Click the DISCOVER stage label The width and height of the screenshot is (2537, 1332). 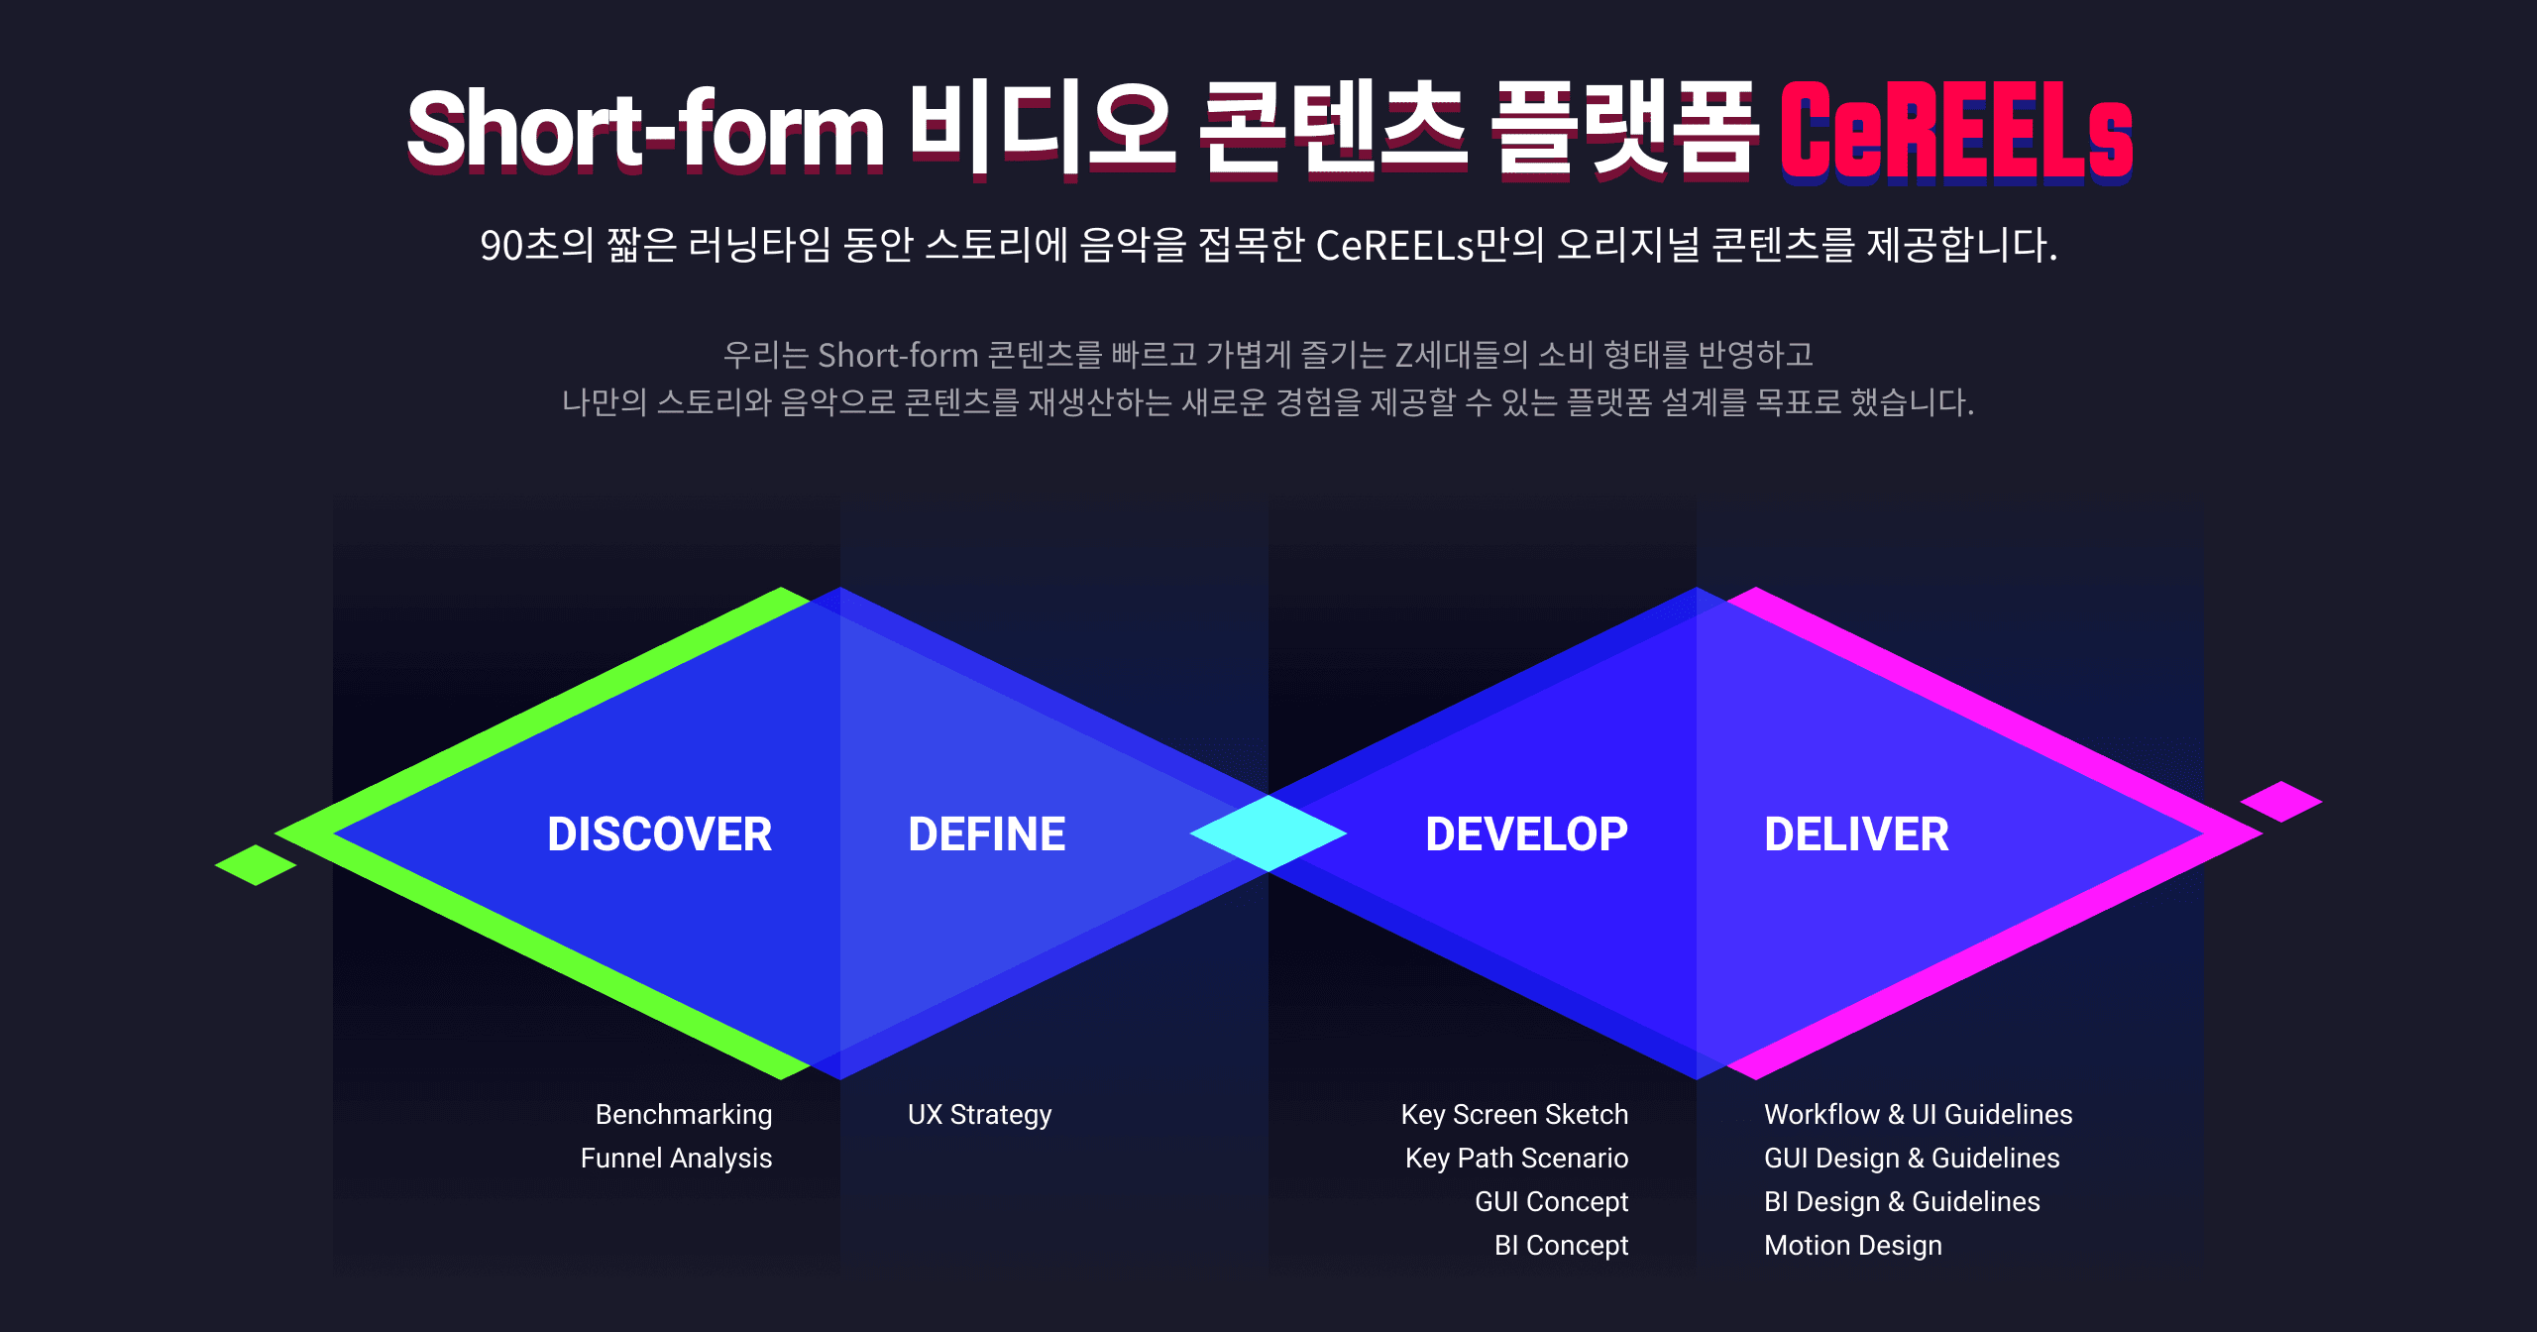[x=659, y=834]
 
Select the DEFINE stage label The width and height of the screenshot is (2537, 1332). [x=987, y=834]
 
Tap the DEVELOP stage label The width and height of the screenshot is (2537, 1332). [x=1526, y=834]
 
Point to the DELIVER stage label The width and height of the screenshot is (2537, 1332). [x=1856, y=834]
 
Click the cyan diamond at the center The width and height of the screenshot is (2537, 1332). [x=1268, y=833]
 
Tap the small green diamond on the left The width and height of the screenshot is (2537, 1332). [x=256, y=865]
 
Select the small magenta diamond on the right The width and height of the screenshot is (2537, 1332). [x=2281, y=802]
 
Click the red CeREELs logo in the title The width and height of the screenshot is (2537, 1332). [x=1955, y=132]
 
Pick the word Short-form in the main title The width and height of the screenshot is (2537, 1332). [x=645, y=130]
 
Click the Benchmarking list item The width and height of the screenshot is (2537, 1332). [x=684, y=1115]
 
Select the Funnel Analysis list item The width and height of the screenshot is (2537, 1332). [x=676, y=1159]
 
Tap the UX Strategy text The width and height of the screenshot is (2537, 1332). [x=979, y=1115]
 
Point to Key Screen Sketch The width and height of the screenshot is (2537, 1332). [x=1514, y=1115]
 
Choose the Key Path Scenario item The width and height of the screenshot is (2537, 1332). [x=1516, y=1159]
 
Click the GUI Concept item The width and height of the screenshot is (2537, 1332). [x=1551, y=1202]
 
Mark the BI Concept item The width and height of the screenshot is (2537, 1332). [x=1561, y=1246]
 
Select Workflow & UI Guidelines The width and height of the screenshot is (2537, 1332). [x=1918, y=1115]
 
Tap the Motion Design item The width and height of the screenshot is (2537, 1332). [x=1853, y=1246]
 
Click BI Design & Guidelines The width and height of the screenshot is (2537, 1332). [x=1902, y=1202]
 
